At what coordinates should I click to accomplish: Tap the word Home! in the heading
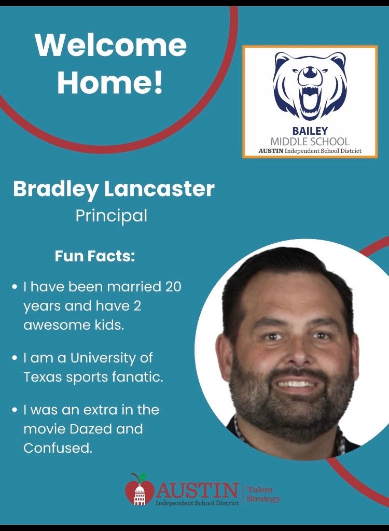tap(110, 83)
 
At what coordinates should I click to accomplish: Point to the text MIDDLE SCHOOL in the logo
tap(310, 141)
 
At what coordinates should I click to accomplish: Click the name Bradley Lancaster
tap(114, 189)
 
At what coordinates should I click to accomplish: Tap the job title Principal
tap(111, 215)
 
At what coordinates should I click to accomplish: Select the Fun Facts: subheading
tap(95, 257)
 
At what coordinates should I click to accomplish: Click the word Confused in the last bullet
tap(58, 448)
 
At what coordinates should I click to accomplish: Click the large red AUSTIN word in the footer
tap(197, 489)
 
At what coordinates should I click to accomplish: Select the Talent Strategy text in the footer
tap(263, 494)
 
